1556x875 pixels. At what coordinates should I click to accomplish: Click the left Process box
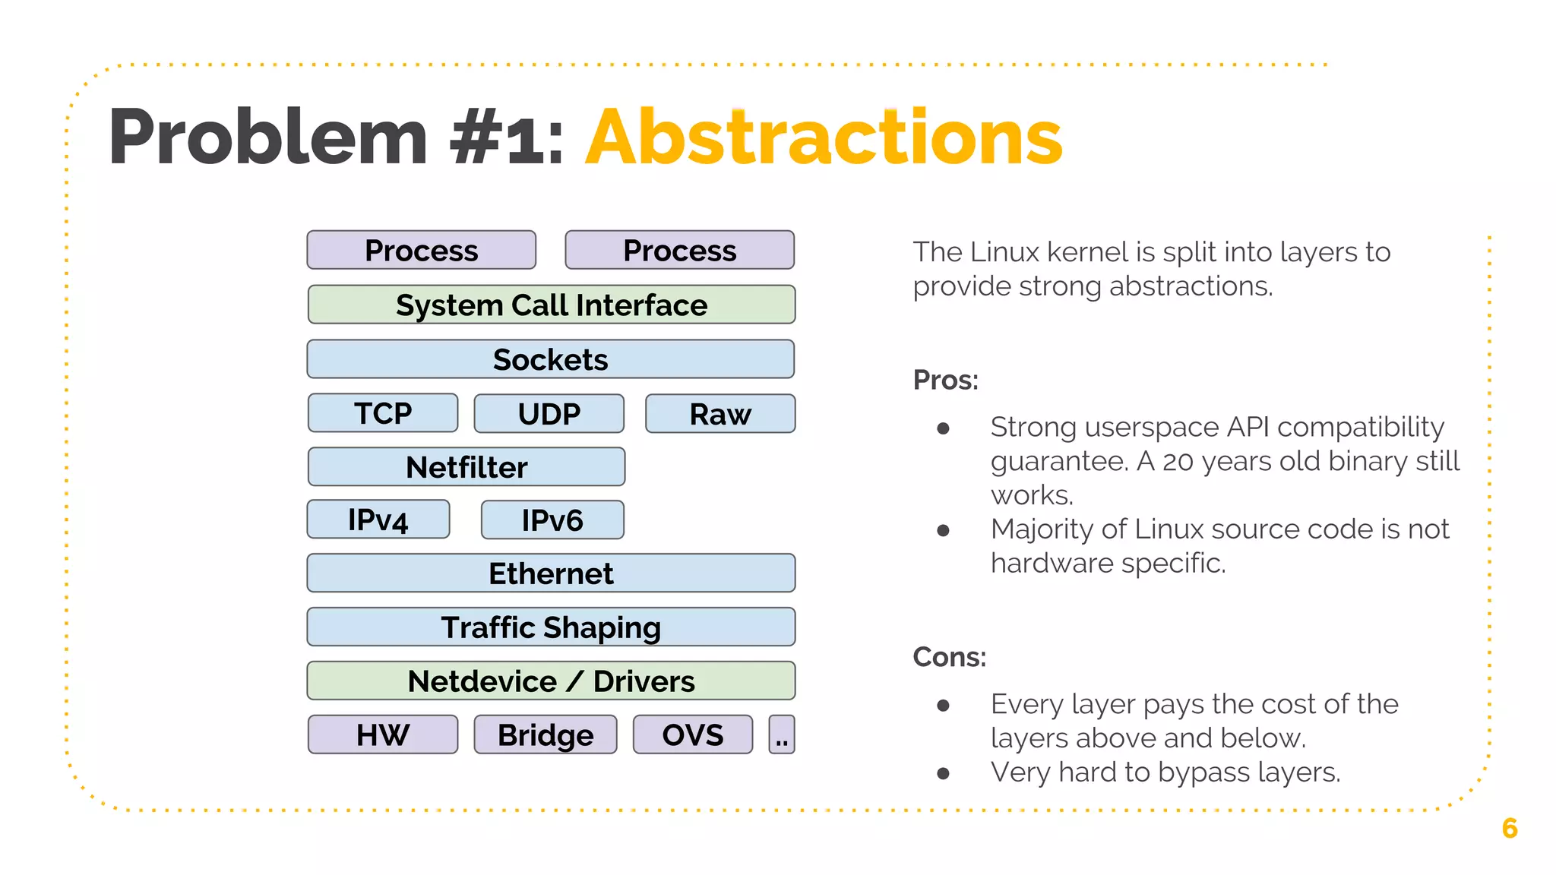tap(421, 250)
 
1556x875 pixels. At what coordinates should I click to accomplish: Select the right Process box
tap(679, 250)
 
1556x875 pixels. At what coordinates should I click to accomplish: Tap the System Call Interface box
tap(551, 305)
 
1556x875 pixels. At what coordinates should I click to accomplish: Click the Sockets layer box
tap(551, 359)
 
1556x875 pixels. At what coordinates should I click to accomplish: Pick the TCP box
tap(383, 413)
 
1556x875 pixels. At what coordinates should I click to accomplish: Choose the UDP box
tap(549, 413)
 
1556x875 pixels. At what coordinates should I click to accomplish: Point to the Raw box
tap(720, 413)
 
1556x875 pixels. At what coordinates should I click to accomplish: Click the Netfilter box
tap(466, 466)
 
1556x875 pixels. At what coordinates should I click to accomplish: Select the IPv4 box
tap(378, 520)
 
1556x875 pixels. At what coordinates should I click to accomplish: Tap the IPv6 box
tap(552, 520)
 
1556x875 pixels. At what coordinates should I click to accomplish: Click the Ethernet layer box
tap(551, 573)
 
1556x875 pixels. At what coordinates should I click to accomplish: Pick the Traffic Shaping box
tap(551, 627)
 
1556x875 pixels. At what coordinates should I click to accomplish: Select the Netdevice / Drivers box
tap(551, 681)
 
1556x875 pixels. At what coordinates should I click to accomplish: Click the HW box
tap(383, 734)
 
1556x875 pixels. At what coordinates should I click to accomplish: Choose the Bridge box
tap(546, 734)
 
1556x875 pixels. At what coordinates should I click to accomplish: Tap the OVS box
tap(692, 734)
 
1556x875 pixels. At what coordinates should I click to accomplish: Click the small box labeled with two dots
tap(782, 734)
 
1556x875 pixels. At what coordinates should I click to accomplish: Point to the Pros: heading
tap(945, 380)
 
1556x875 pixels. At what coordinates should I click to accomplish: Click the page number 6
tap(1510, 828)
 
